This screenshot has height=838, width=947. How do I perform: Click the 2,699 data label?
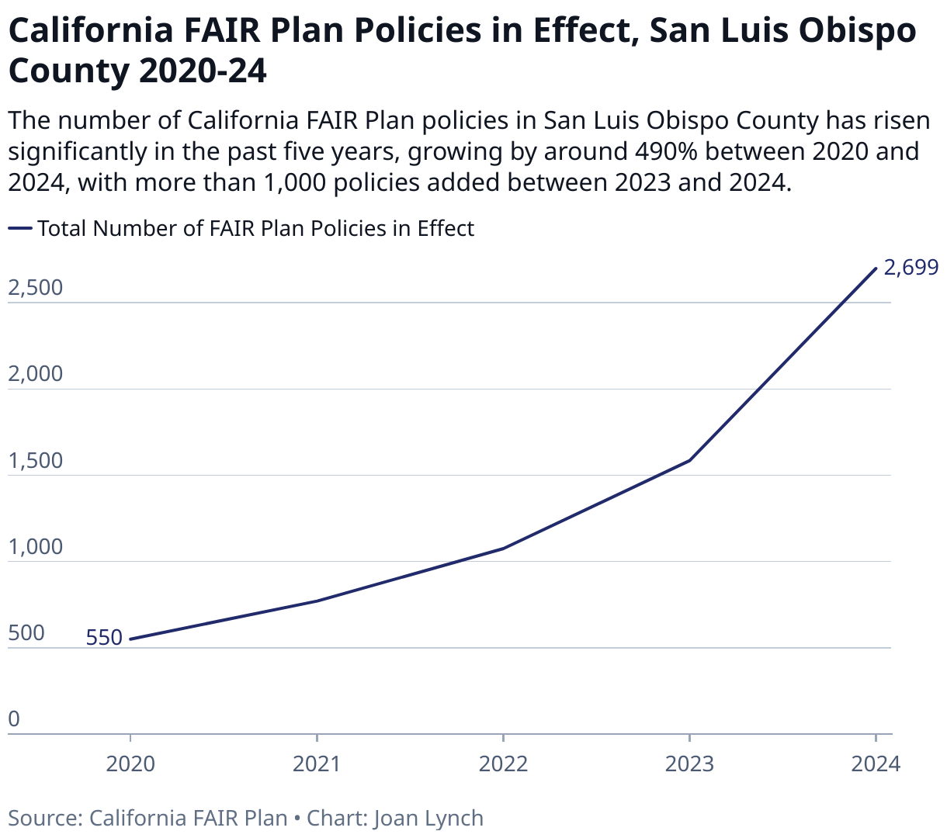911,268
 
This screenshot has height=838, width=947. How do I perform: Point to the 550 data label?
104,638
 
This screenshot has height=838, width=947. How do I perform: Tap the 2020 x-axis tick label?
130,764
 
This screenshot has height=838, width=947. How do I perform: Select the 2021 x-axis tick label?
317,764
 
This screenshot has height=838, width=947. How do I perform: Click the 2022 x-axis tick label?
503,764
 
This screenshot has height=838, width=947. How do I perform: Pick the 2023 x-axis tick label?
689,764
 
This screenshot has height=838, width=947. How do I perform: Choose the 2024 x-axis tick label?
876,764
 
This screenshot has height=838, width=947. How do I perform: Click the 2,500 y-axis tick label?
35,288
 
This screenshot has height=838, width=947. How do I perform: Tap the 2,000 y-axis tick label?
35,374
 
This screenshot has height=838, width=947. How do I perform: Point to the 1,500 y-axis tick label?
35,461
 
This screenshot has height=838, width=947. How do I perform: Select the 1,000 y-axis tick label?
35,547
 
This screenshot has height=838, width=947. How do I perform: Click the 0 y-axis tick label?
14,720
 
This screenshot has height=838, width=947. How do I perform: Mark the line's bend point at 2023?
689,460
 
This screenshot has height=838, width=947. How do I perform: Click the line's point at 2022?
503,549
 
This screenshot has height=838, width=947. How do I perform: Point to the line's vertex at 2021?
317,601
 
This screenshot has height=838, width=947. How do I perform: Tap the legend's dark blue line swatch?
20,229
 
